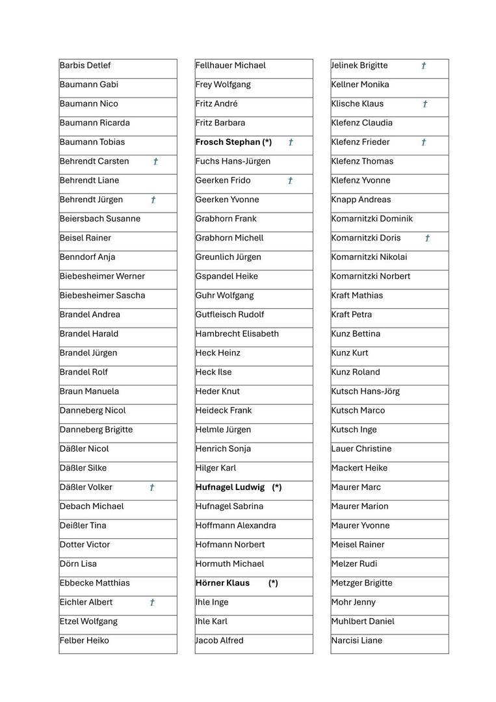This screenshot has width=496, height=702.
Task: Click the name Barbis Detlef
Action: coord(85,66)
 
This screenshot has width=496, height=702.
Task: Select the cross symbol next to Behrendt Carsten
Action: coord(155,162)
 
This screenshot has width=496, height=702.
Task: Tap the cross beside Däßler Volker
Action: coord(152,487)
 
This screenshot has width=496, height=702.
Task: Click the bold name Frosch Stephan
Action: coord(228,142)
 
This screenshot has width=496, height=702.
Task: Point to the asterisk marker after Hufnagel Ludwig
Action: coord(277,487)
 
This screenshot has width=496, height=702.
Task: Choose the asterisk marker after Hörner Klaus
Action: coord(273,583)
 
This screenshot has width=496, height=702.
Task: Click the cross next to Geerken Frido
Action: coord(290,181)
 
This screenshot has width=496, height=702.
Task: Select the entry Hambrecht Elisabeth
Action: coord(237,334)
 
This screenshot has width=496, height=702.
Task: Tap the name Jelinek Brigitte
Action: coord(359,66)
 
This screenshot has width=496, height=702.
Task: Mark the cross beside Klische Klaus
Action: coord(425,104)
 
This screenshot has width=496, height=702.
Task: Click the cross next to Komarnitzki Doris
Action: coord(427,239)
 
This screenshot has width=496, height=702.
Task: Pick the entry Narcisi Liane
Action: coord(356,641)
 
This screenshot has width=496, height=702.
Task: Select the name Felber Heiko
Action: coord(85,641)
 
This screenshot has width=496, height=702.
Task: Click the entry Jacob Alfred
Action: coord(219,641)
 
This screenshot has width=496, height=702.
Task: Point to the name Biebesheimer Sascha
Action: coord(102,296)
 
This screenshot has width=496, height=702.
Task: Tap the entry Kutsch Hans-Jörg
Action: coord(365,391)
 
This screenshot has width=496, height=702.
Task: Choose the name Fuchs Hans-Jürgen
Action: coord(233,161)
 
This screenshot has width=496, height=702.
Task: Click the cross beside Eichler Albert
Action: coord(152,603)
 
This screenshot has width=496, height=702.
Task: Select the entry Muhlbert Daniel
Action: coord(362,621)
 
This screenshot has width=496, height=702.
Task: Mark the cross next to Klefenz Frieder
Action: coord(424,142)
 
